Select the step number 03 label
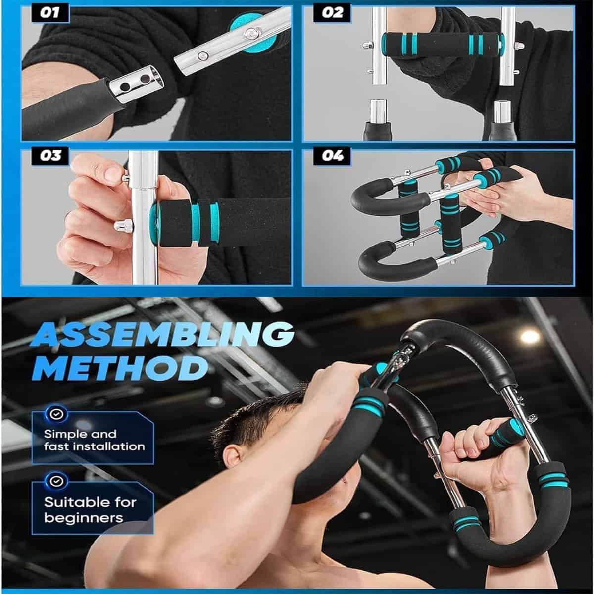50,157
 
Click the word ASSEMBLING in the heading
165,336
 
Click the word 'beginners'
83,518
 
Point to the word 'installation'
108,446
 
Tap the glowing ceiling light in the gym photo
530,336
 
